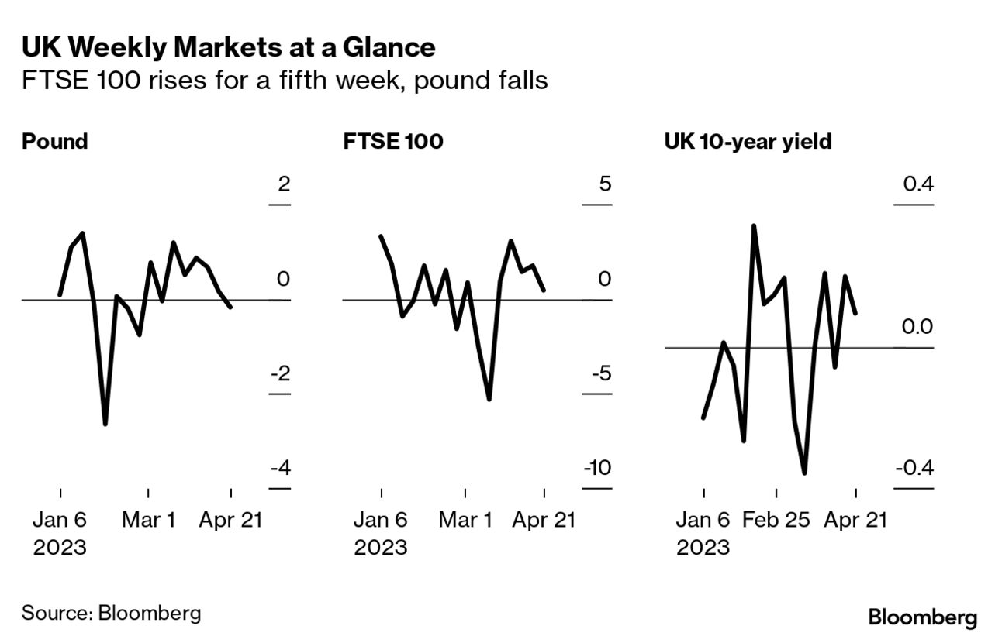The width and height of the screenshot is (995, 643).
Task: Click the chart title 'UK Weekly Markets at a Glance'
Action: (x=228, y=48)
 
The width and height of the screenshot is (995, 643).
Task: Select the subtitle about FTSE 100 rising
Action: (x=285, y=81)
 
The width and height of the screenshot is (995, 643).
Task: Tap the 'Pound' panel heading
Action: (x=54, y=142)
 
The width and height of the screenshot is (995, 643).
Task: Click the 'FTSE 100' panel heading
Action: (x=392, y=142)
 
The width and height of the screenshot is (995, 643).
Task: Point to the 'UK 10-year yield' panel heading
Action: (x=748, y=142)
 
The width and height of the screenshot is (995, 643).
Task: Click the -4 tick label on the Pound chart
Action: (x=279, y=469)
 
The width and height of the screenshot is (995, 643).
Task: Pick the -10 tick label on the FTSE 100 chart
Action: (x=599, y=469)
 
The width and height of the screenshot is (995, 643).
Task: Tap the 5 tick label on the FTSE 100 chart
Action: (x=605, y=184)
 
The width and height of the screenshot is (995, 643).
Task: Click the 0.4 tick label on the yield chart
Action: (x=917, y=184)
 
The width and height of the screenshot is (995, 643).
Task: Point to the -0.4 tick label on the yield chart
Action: (x=914, y=469)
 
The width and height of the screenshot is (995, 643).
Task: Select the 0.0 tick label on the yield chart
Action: (x=917, y=327)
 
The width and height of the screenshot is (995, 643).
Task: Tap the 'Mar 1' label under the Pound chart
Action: (x=148, y=520)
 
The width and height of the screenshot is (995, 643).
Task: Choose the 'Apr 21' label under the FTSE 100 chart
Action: (x=544, y=520)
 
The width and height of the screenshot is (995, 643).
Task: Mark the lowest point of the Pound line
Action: (x=105, y=424)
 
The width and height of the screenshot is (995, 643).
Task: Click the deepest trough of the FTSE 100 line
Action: (x=489, y=400)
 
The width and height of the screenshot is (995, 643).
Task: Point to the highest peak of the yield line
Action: (x=753, y=225)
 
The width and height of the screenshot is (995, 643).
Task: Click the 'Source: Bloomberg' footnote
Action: (x=111, y=613)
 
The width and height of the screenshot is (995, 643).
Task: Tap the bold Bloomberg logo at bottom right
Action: (x=923, y=617)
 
